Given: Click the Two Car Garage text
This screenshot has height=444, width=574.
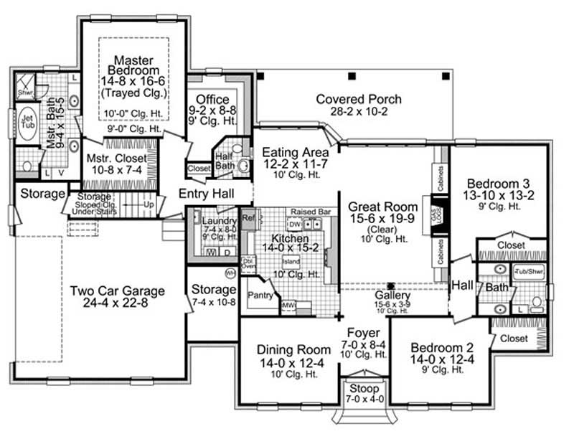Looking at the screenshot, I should coord(117,291).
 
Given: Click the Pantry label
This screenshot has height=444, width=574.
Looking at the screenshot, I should coord(258,294).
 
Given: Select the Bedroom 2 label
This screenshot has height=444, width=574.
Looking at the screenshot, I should coord(440,348).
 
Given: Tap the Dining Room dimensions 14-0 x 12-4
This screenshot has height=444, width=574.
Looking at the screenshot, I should coord(287,363).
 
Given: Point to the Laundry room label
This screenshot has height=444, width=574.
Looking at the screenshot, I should coord(215,221).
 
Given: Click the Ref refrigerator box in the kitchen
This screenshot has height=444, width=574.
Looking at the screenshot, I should coord(248,217).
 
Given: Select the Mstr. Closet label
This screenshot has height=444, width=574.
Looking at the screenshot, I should coord(117,158).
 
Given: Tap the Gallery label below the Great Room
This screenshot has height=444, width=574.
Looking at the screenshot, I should coord(392,295).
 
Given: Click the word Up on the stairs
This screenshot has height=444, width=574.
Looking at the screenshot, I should coord(149,204).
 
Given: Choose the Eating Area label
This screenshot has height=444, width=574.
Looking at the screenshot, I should coord(296,152).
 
